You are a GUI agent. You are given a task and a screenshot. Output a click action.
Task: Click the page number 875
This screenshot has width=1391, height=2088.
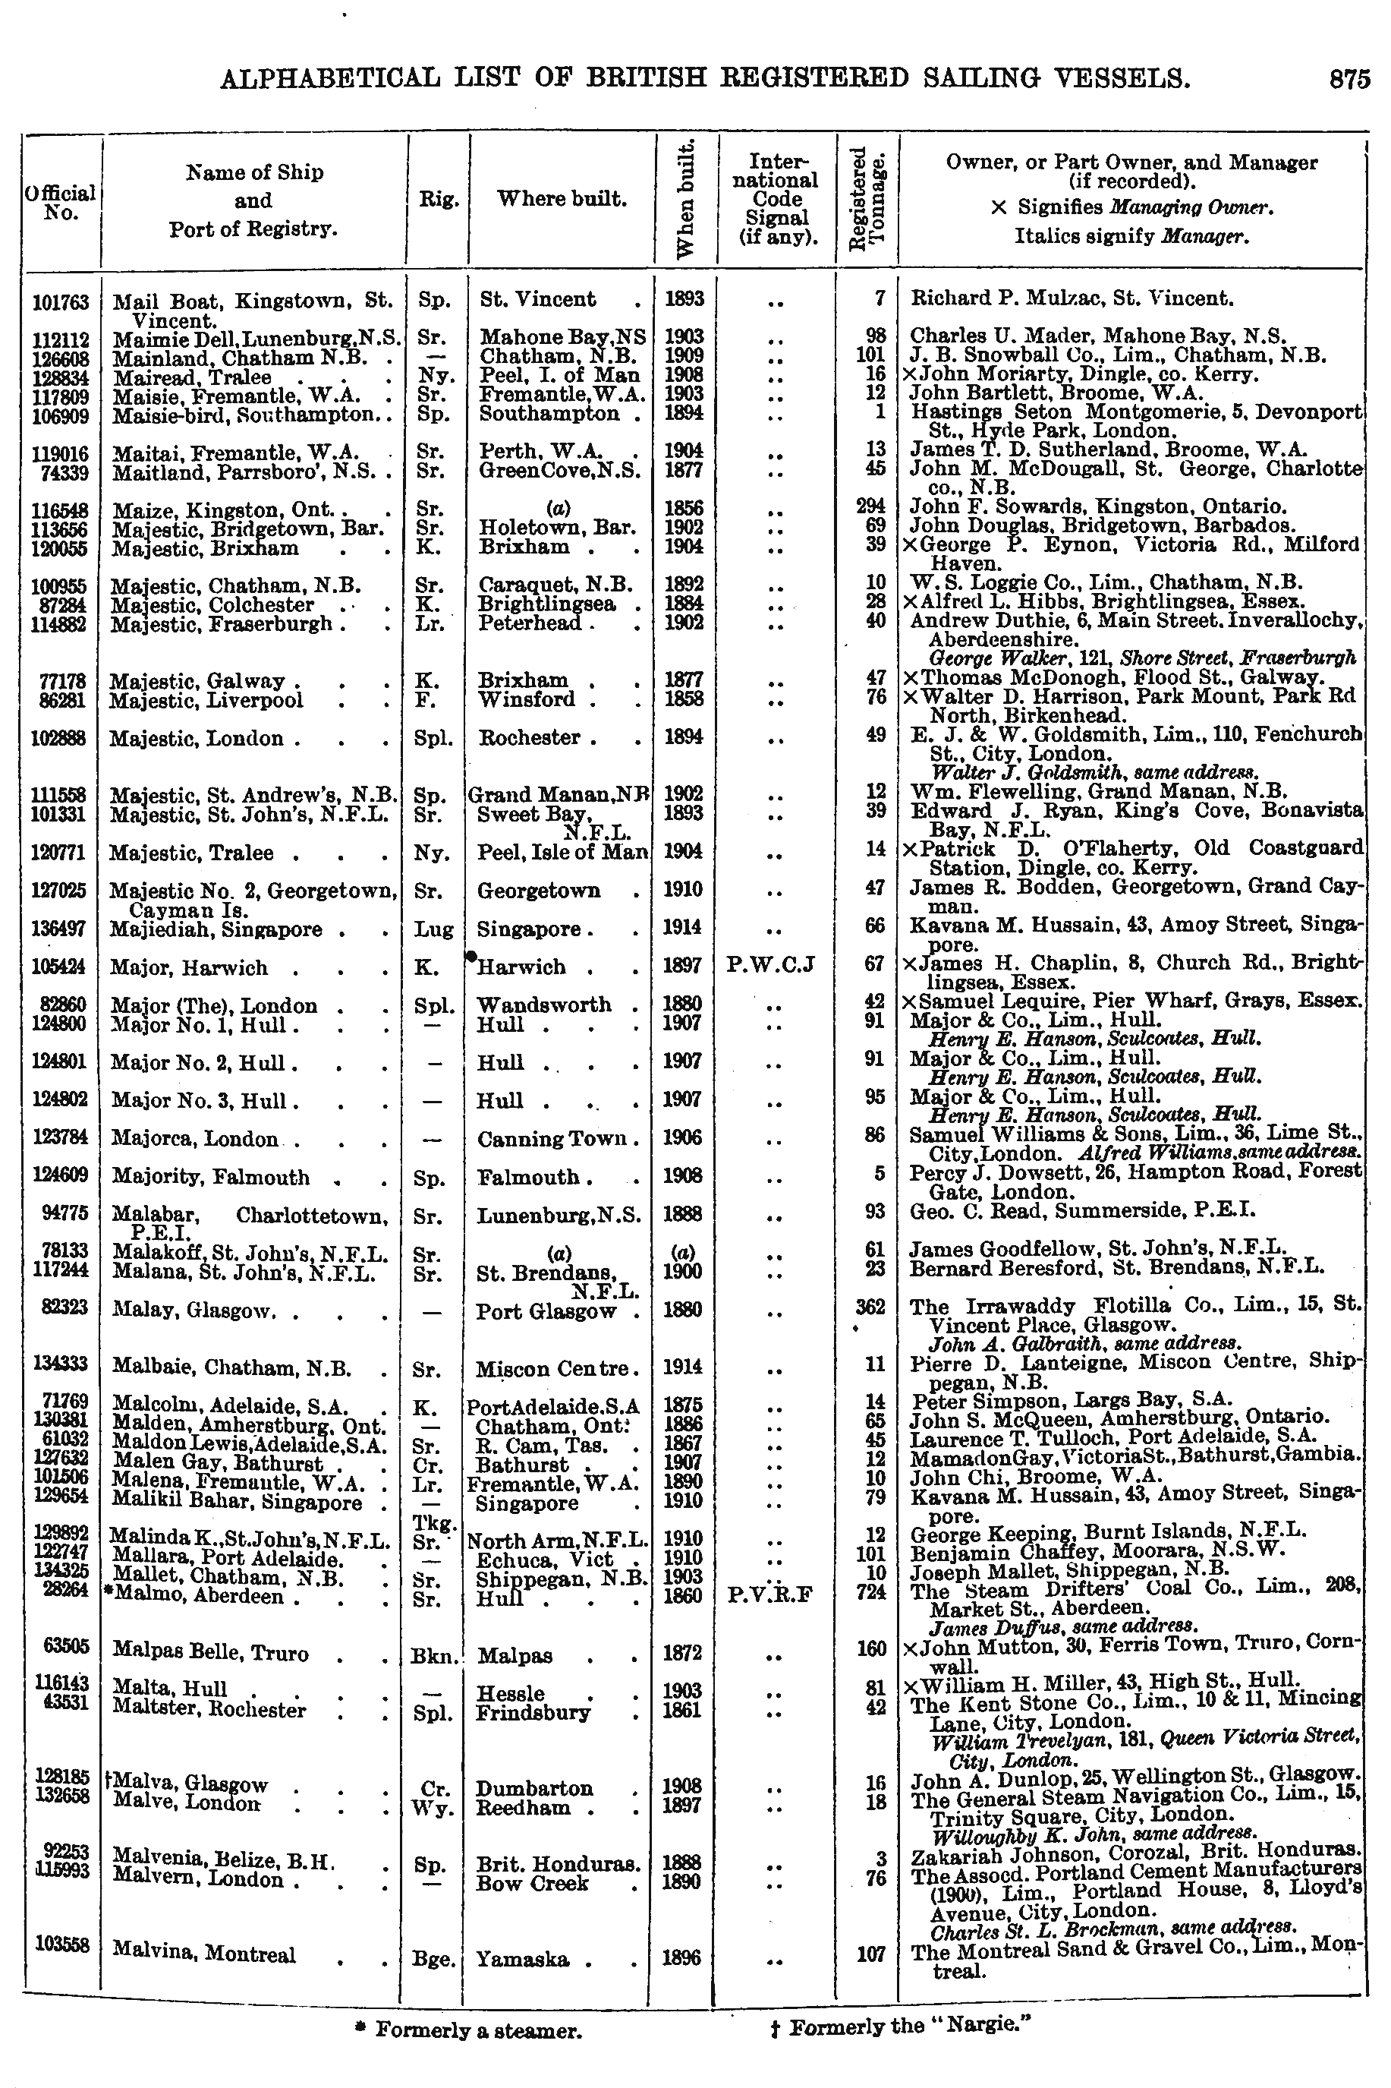coord(1349,80)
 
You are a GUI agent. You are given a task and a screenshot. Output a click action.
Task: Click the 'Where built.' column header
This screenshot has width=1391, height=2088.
coord(561,199)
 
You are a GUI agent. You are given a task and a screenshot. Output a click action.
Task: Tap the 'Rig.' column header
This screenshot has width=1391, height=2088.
coord(438,200)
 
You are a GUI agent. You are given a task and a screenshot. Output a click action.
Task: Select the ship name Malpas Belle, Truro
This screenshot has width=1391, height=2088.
coord(210,1652)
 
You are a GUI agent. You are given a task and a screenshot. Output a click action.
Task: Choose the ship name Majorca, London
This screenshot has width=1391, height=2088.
coord(194,1140)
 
